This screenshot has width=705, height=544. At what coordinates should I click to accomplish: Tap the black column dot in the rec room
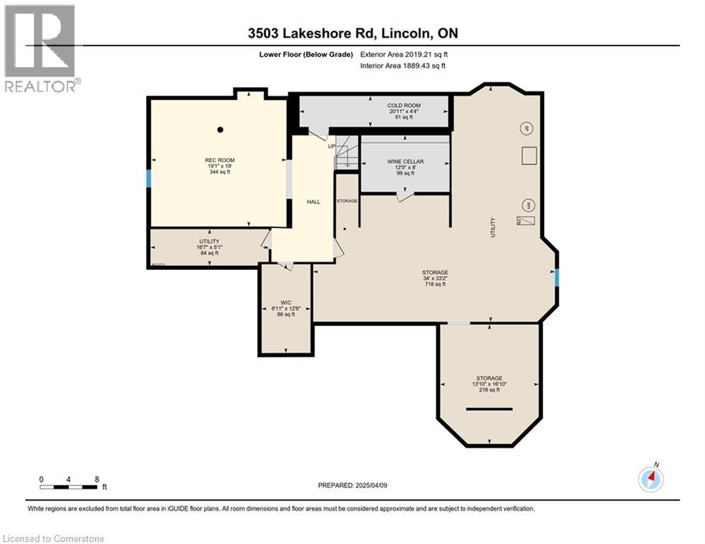[220, 130]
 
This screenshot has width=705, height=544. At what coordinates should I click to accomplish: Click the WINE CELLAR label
[405, 161]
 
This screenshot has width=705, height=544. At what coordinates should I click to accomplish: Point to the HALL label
[312, 202]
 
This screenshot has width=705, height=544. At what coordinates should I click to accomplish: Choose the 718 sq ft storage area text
[435, 284]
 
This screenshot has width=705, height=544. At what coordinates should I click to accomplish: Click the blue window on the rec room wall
[149, 178]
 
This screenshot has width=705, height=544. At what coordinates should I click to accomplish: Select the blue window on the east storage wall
[557, 278]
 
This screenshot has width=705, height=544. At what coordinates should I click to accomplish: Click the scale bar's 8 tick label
[96, 479]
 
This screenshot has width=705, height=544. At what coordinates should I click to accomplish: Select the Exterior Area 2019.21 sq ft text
[404, 54]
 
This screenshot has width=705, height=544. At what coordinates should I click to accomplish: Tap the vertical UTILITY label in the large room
[493, 227]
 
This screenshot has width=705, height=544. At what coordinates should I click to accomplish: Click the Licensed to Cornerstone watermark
[53, 538]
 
